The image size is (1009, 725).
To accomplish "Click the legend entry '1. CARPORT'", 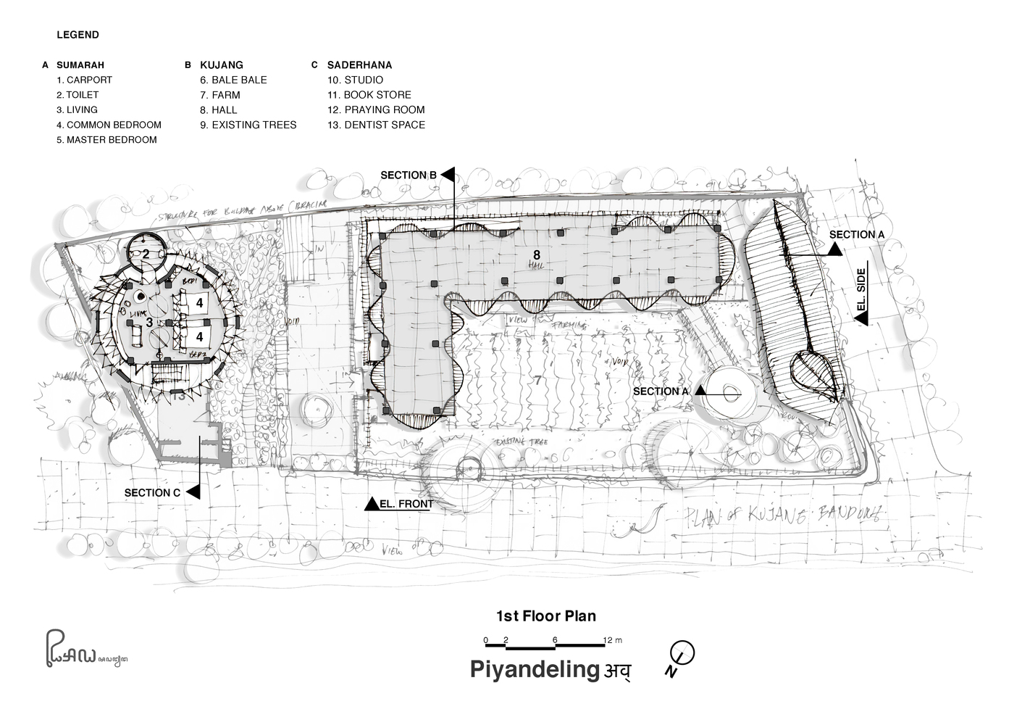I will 85,80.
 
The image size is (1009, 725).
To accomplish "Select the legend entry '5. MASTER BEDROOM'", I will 106,140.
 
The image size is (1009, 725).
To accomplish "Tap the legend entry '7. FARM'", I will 220,95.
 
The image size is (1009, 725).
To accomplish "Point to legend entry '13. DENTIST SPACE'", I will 376,125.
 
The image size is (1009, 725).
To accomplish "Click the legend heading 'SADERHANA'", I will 359,65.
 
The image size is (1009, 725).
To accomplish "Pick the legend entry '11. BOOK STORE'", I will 369,95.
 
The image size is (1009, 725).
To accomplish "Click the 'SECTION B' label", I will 408,175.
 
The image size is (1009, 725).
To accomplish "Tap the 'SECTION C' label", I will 151,493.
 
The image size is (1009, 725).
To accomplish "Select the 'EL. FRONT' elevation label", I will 406,504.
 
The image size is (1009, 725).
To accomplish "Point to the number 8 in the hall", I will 536,254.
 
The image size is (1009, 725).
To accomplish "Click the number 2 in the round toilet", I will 146,254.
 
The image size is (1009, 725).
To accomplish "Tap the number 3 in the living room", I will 148,321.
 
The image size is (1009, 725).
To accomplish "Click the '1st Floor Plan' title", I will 545,616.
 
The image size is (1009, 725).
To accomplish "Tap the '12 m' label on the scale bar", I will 613,640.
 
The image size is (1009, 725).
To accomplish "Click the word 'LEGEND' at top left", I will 78,35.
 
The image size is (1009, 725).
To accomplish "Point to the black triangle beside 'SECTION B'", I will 448,175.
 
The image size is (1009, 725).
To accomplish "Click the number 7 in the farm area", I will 537,379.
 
